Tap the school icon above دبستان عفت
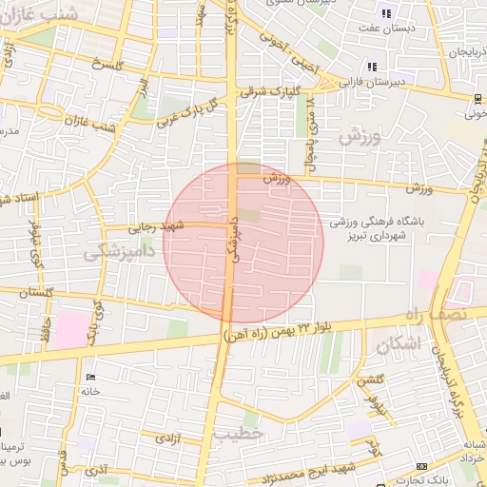tap(386, 13)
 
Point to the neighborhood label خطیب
tap(235, 434)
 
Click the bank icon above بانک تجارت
tap(421, 466)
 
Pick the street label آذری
tap(99, 470)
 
